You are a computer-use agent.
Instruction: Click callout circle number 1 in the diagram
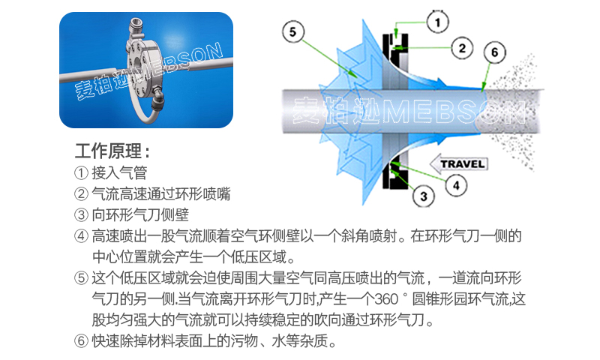(x=438, y=22)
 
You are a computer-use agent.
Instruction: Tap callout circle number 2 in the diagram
(x=462, y=48)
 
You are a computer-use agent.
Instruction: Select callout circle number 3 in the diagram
(x=424, y=196)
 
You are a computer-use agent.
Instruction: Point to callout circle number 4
(x=456, y=185)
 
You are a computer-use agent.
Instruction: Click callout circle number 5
(x=293, y=31)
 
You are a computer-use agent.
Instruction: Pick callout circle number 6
(x=494, y=52)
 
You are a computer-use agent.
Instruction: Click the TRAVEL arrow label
(x=459, y=163)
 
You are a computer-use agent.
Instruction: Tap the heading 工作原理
(x=112, y=151)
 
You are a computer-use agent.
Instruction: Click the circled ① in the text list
(x=81, y=173)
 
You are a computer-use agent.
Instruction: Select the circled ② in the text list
(x=81, y=193)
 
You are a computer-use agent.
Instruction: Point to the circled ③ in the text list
(x=81, y=214)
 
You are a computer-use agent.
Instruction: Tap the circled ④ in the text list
(x=81, y=235)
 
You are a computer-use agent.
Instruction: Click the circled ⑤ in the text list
(x=81, y=277)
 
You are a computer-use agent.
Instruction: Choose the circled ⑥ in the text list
(x=81, y=340)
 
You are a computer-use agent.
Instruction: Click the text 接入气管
(x=119, y=173)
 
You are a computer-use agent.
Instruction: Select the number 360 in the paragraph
(x=386, y=298)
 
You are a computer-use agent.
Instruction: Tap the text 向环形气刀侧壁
(x=140, y=214)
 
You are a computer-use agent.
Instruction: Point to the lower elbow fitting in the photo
(x=156, y=98)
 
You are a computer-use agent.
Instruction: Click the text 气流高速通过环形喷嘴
(x=161, y=193)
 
